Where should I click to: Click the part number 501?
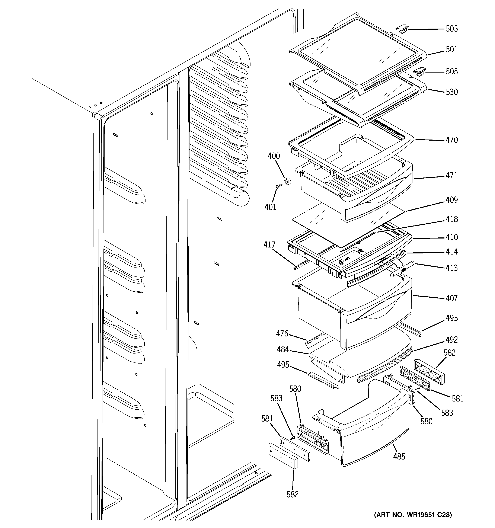451,49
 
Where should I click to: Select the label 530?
451,92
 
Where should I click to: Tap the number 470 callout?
451,140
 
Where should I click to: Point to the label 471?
451,176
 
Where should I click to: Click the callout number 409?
451,200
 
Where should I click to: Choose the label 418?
451,219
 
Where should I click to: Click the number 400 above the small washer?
274,156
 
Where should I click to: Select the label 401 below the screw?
271,207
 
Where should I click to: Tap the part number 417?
269,245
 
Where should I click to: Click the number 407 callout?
451,298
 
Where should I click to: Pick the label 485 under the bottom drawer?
399,457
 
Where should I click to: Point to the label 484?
283,349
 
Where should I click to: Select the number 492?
451,340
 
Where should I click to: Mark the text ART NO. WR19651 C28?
413,515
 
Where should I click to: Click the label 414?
451,252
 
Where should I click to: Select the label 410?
451,237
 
